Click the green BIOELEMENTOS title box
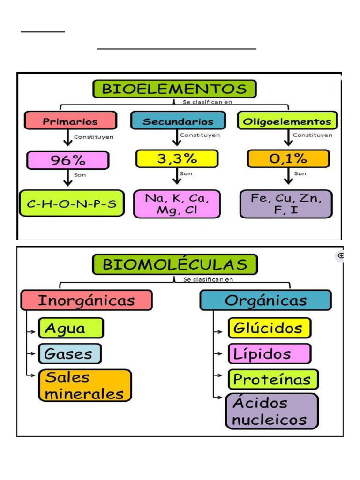click(174, 89)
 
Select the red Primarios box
click(70, 120)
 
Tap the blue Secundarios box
click(178, 121)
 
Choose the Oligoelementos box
click(287, 121)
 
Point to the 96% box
click(68, 160)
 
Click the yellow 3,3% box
click(177, 159)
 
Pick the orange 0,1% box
click(288, 159)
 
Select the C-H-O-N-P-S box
click(72, 203)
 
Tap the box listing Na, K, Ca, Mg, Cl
click(177, 204)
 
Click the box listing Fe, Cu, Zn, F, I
click(286, 204)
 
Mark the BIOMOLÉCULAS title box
click(174, 264)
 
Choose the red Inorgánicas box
click(86, 300)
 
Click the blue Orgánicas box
click(265, 300)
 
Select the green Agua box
click(71, 328)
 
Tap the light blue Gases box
click(69, 353)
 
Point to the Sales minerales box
click(85, 385)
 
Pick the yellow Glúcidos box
click(269, 328)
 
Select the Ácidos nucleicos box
click(272, 411)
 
